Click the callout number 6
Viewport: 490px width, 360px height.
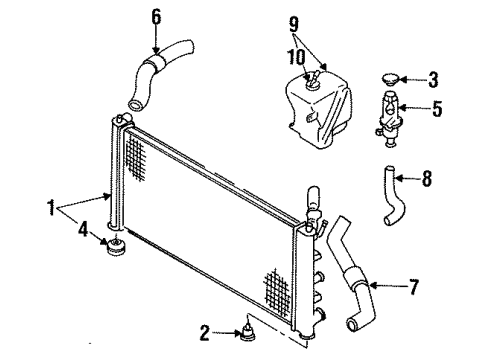(x=156, y=17)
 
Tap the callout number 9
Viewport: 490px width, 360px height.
(x=294, y=24)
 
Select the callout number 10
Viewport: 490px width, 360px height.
(x=297, y=57)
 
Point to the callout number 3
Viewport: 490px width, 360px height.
(x=433, y=80)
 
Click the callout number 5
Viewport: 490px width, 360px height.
(x=437, y=108)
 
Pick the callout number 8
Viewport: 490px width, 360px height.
(x=427, y=178)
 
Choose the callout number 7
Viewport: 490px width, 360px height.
(x=413, y=286)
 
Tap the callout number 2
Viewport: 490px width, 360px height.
(x=205, y=333)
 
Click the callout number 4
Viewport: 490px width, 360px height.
(x=83, y=230)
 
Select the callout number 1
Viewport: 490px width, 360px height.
(x=51, y=208)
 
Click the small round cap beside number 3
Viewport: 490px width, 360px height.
(x=390, y=80)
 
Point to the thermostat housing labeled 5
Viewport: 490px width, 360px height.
(x=389, y=119)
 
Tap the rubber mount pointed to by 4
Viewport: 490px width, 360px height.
(x=115, y=247)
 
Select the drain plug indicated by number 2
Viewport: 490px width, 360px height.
(x=248, y=333)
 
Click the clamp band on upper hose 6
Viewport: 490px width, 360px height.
(x=155, y=63)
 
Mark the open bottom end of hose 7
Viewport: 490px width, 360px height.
(x=353, y=324)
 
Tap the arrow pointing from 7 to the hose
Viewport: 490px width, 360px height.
(x=387, y=286)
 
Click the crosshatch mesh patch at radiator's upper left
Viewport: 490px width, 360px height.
(x=136, y=159)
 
